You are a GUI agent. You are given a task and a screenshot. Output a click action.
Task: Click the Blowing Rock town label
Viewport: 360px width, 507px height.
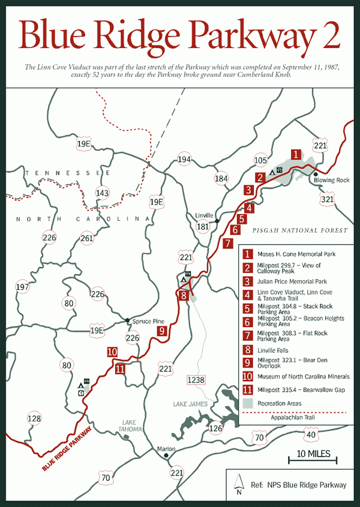pos(332,181)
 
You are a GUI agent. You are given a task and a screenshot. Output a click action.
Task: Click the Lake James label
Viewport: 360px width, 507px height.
pos(191,404)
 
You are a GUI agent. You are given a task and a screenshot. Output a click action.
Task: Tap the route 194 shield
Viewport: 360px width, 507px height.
pos(184,160)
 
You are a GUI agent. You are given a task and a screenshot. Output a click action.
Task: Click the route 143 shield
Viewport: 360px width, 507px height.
pos(103,193)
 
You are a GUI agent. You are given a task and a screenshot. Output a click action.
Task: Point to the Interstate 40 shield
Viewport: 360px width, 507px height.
pos(310,434)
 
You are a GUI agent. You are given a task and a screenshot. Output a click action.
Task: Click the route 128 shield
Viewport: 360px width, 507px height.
pos(35,419)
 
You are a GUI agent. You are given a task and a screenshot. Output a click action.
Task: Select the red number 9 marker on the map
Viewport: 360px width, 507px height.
pos(161,330)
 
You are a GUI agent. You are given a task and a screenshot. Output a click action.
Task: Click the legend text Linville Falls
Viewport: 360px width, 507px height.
pos(276,349)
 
